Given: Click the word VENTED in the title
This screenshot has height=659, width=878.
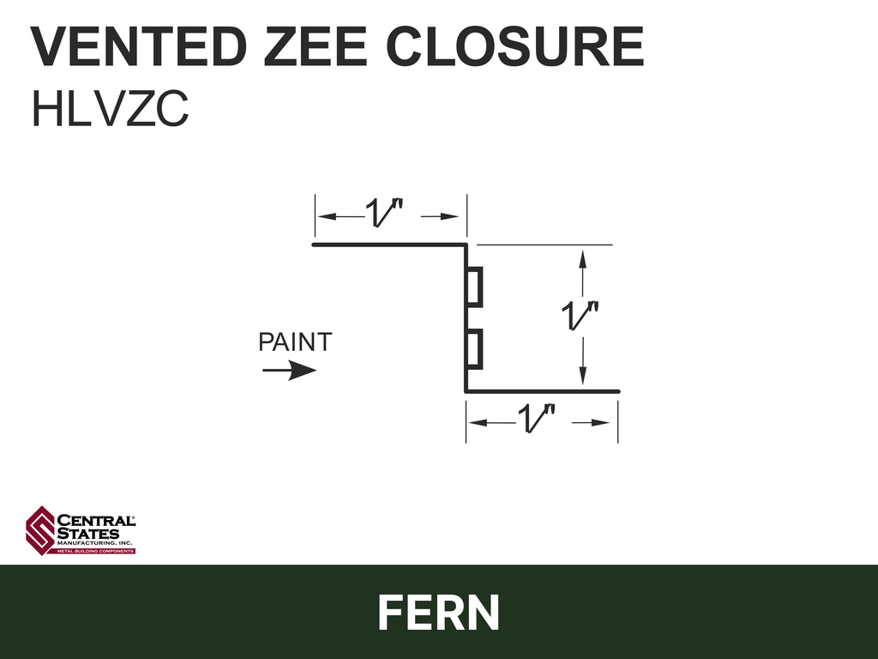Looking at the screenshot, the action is [x=139, y=46].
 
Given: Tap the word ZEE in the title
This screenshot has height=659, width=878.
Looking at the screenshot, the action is [x=316, y=46].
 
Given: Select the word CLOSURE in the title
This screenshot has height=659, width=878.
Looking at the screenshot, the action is [x=514, y=46].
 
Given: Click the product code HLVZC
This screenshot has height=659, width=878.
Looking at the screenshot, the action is [x=111, y=109].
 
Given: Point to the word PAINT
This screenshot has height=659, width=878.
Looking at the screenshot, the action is [x=295, y=342].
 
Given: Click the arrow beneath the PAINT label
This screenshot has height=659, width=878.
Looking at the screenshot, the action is [x=290, y=370].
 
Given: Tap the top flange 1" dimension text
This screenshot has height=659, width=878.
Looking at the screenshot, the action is [x=384, y=213].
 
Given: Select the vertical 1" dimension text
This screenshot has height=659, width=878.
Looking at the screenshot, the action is [x=580, y=315].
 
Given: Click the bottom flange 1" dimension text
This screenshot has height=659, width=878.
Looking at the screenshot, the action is [x=537, y=418].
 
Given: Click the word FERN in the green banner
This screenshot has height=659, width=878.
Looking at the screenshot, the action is [x=439, y=613].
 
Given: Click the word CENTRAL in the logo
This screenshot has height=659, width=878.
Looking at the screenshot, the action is [x=96, y=521].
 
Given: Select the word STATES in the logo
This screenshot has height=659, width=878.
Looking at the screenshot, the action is [x=88, y=534].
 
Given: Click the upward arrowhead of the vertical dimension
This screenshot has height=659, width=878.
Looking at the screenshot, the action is [x=583, y=259].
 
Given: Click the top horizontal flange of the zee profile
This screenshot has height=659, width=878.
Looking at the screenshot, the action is [x=390, y=245].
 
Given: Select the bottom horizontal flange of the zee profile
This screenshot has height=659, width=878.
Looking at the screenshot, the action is [x=542, y=391].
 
